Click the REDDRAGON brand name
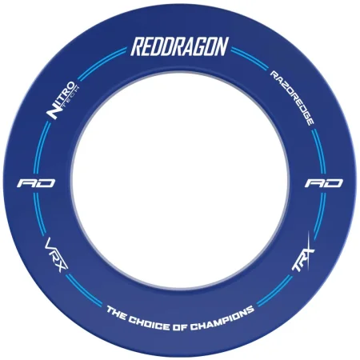coord(179,46)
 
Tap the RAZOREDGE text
coord(292,98)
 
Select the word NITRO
coord(60,100)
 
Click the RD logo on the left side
coord(36,183)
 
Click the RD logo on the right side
coord(324,183)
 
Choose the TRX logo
coord(303,254)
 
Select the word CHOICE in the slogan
coord(149,322)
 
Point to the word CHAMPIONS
coord(222,318)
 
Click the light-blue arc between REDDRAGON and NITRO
coord(100,62)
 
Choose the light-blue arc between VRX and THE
coord(82,291)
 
